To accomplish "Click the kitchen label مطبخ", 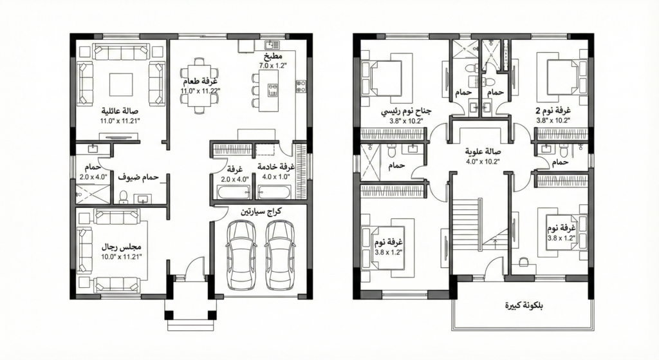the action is pyautogui.click(x=273, y=57).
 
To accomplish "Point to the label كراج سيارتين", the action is pyautogui.click(x=261, y=211).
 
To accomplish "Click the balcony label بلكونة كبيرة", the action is pyautogui.click(x=524, y=305).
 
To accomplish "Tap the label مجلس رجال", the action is pyautogui.click(x=122, y=247).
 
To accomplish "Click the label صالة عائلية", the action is pyautogui.click(x=120, y=111).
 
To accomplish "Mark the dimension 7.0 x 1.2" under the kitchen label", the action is pyautogui.click(x=273, y=65).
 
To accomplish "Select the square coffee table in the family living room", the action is pyautogui.click(x=121, y=84).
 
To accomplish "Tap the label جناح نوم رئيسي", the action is pyautogui.click(x=406, y=112).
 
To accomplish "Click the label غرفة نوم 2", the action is pyautogui.click(x=553, y=111).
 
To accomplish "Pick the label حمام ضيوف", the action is pyautogui.click(x=138, y=178).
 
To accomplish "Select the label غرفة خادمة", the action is pyautogui.click(x=275, y=167).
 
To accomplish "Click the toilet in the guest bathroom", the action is pyautogui.click(x=124, y=196).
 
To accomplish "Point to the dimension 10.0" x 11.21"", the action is pyautogui.click(x=122, y=256).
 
